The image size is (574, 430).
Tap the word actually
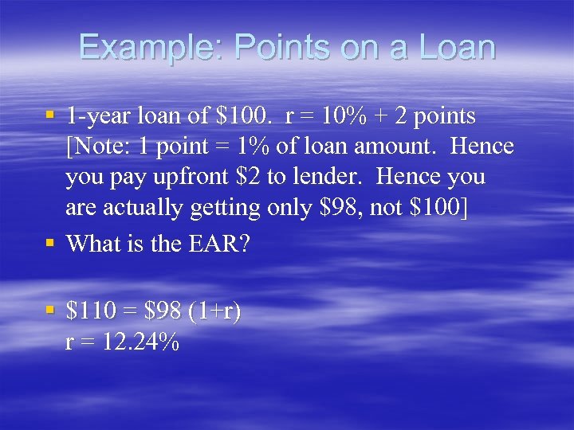tap(140, 207)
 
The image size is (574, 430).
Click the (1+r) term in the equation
tap(214, 311)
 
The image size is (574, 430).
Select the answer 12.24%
tap(141, 343)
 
